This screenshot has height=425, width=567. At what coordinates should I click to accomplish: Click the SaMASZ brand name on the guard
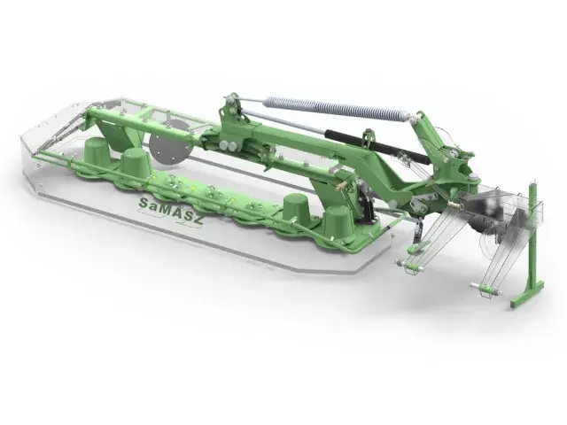coord(171,211)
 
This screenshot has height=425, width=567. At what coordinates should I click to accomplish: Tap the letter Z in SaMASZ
coord(198,218)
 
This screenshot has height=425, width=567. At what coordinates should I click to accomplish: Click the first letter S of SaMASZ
coord(144,203)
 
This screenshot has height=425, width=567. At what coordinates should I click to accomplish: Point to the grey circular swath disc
coord(170,147)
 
